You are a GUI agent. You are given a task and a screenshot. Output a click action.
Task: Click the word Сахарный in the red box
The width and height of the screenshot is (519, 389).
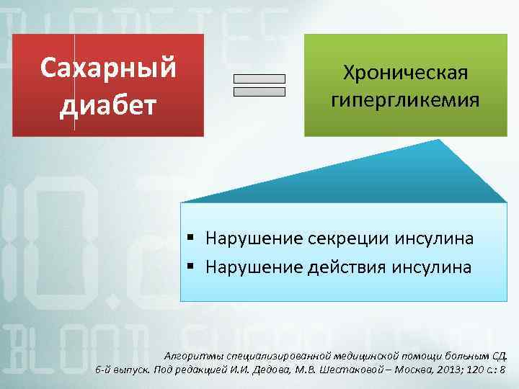pos(108,68)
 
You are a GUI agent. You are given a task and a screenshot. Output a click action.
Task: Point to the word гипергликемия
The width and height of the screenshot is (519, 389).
pos(405,99)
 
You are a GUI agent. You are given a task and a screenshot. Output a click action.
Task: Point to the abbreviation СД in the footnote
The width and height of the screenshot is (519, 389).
pos(499,356)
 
